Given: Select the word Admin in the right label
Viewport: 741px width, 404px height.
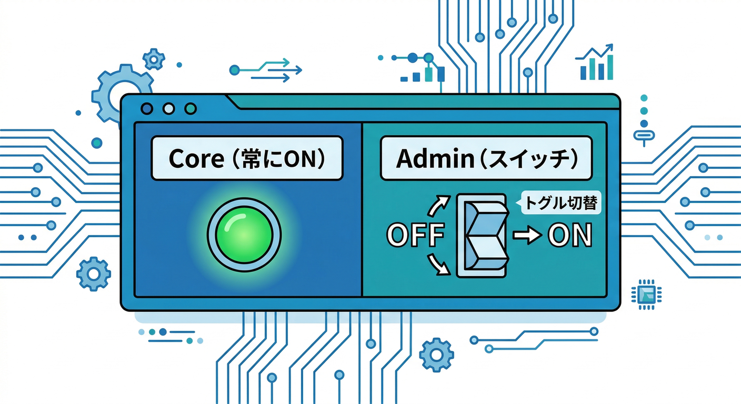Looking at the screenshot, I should pyautogui.click(x=425, y=158).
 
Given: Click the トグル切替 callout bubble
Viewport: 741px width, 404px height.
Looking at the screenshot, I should pyautogui.click(x=560, y=203).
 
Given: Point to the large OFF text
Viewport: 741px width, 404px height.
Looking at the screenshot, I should pyautogui.click(x=414, y=236).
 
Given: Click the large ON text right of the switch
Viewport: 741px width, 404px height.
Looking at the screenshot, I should pyautogui.click(x=570, y=236).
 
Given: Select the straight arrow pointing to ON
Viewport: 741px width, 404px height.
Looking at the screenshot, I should pyautogui.click(x=527, y=236).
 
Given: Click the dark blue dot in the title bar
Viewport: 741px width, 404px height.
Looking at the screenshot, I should pyautogui.click(x=147, y=108).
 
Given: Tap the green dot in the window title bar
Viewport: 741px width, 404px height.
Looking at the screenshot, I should pyautogui.click(x=191, y=108).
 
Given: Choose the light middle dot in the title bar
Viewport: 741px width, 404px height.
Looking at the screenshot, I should pyautogui.click(x=169, y=108).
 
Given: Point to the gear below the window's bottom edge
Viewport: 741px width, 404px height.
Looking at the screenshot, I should pyautogui.click(x=437, y=355).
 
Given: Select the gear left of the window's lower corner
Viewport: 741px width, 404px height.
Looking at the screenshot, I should pyautogui.click(x=94, y=274).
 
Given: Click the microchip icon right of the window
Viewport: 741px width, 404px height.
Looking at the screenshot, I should pyautogui.click(x=647, y=294).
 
